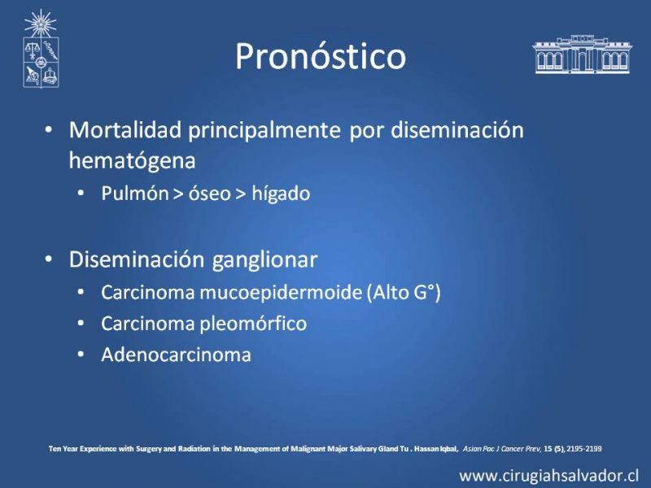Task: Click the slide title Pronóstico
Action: [321, 57]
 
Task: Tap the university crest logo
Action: [41, 49]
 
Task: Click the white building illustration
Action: [582, 54]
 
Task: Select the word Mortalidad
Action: [125, 130]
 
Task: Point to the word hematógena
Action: [132, 161]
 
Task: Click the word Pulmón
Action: [134, 194]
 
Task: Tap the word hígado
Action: [281, 194]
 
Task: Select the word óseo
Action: [210, 194]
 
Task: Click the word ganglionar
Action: [265, 260]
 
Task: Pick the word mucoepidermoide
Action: [281, 293]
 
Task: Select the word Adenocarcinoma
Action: [176, 355]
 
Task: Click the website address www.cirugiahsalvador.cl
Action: [548, 476]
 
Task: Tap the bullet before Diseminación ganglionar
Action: [49, 259]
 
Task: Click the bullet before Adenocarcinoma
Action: [81, 355]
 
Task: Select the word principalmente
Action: [264, 131]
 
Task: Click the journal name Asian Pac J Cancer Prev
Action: [501, 449]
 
